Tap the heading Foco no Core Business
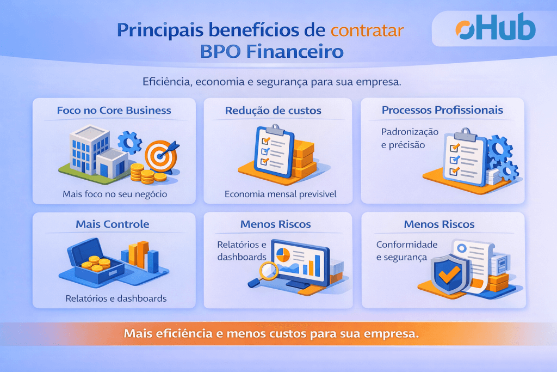tap(114, 110)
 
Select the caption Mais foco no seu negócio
tap(114, 193)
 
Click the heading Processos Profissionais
tap(442, 110)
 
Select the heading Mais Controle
tap(113, 224)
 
